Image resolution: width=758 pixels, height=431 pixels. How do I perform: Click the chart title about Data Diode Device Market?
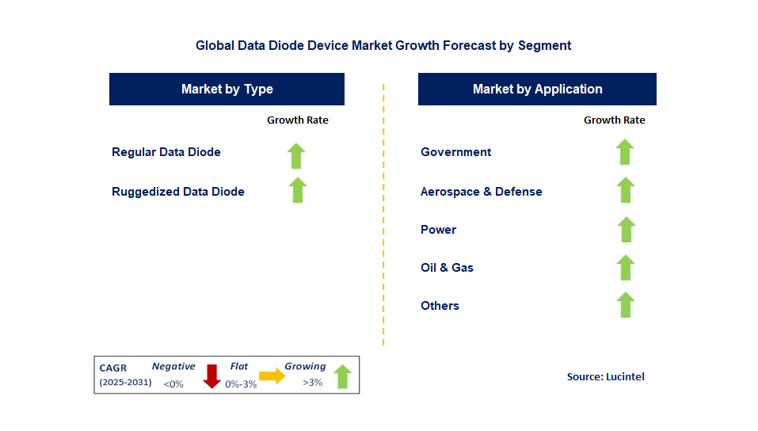pos(383,45)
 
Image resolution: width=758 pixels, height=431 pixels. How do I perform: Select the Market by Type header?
pos(227,89)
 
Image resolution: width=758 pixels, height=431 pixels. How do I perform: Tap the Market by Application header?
pos(537,89)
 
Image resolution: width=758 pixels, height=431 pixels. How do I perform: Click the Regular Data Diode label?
pos(166,152)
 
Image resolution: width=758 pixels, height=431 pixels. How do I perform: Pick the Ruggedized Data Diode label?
pos(178,192)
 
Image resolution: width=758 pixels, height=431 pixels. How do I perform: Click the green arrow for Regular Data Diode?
pos(296,155)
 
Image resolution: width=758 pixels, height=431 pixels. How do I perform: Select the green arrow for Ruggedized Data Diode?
pos(297,190)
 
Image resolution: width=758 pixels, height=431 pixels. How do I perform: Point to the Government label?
pos(456,152)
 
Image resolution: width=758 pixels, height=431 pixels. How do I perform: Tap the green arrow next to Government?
pos(625,152)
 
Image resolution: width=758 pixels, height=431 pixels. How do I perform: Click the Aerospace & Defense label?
pos(482,192)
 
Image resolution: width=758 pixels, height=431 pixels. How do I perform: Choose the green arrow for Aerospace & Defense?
pos(625,190)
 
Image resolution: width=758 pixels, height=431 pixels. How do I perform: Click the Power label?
pos(439,230)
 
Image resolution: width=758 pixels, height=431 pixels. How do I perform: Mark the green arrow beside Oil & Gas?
pos(626,268)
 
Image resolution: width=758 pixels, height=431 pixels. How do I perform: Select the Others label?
pos(440,306)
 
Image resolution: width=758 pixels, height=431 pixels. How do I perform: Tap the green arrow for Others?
pos(626,305)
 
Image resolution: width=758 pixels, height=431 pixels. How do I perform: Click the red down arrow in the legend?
pos(211,376)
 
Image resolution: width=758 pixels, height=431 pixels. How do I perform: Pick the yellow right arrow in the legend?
pos(272,376)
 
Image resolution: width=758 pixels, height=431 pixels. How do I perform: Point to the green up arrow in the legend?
pos(342,376)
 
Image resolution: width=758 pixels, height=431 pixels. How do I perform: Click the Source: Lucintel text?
pos(606,377)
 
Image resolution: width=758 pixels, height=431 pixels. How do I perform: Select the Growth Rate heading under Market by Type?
pos(297,120)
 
